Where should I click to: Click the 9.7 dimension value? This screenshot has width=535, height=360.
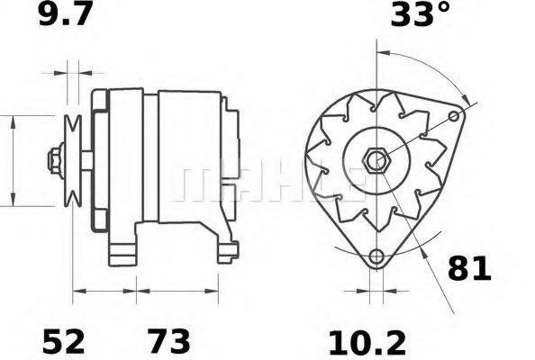66,14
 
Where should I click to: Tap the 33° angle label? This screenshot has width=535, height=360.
421,14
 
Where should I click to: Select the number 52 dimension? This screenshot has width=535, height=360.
63,341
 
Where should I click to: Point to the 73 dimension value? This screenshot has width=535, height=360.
168,341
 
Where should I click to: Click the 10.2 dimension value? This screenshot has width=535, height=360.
367,343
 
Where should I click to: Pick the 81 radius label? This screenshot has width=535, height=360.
469,268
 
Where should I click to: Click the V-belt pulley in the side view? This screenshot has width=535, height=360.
73,161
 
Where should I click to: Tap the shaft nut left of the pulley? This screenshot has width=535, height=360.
56,161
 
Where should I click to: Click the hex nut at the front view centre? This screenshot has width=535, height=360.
376,161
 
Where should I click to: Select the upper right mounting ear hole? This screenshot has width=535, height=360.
454,117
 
